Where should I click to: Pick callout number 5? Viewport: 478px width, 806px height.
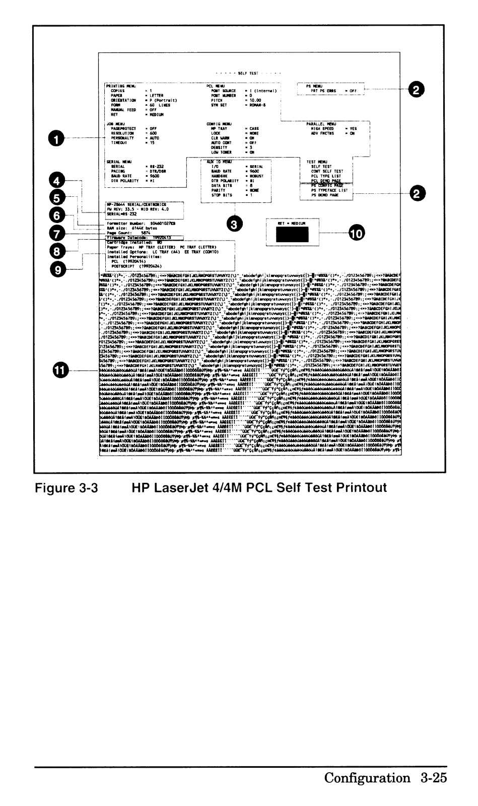click(58, 197)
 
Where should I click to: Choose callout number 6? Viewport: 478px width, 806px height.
click(58, 215)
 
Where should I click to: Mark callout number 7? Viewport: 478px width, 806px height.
click(58, 233)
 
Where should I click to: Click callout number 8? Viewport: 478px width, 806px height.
click(58, 251)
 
